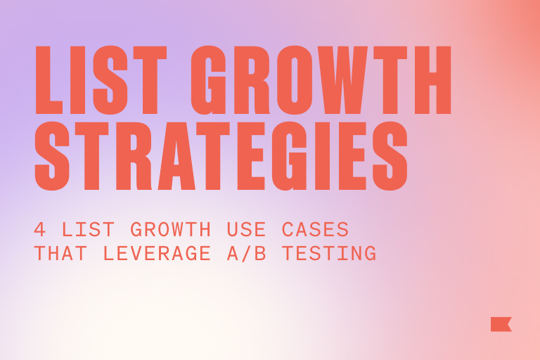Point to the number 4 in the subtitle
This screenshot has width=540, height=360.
(39, 230)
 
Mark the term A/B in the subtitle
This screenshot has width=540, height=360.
(257, 253)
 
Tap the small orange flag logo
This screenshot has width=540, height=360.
(501, 324)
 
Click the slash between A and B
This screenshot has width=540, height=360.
(257, 253)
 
